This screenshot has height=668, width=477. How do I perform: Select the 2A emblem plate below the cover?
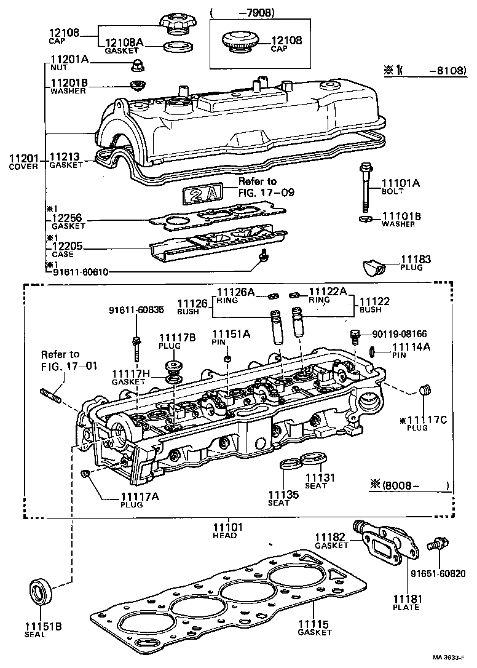[x=202, y=193]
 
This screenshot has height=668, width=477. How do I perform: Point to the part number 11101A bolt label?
[x=401, y=183]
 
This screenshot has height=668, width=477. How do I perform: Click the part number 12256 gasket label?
[x=68, y=218]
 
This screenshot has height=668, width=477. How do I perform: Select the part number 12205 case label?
[x=68, y=247]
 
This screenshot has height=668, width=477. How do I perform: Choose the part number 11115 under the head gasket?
[x=314, y=624]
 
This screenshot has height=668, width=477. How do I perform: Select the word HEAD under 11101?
[x=224, y=535]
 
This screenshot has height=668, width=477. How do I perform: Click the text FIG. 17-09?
[x=267, y=193]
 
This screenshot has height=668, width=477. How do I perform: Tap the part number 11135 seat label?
[x=283, y=494]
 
